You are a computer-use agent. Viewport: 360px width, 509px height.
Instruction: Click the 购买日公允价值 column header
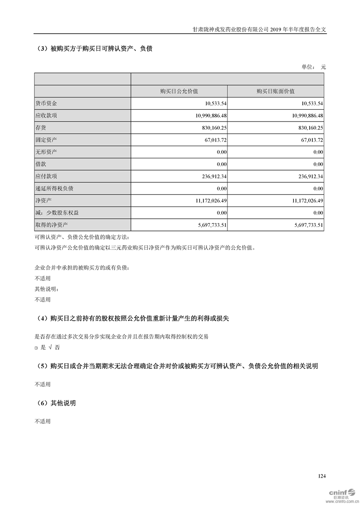[179, 91]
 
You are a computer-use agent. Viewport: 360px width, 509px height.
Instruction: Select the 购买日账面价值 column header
[275, 91]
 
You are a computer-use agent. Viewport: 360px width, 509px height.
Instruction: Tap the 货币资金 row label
[46, 103]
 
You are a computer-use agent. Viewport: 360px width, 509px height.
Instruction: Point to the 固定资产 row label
[46, 140]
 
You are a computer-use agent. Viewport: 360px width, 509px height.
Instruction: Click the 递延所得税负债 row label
[54, 188]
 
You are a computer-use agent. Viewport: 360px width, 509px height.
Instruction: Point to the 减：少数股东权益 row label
[59, 212]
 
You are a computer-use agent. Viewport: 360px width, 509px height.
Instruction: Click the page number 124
[322, 476]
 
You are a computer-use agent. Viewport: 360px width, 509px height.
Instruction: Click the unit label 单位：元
[314, 67]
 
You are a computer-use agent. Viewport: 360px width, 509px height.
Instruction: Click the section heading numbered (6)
[55, 403]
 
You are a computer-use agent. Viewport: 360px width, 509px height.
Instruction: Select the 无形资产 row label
[46, 152]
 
